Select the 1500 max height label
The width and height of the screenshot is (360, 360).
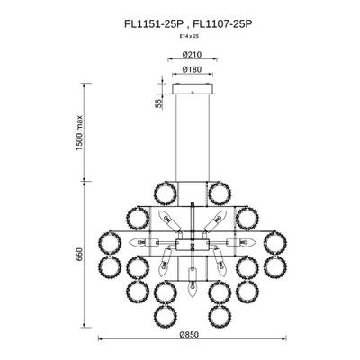(x=80, y=135)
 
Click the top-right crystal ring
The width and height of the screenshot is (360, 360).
(x=216, y=192)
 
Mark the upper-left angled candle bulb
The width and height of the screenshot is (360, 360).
(x=166, y=220)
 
